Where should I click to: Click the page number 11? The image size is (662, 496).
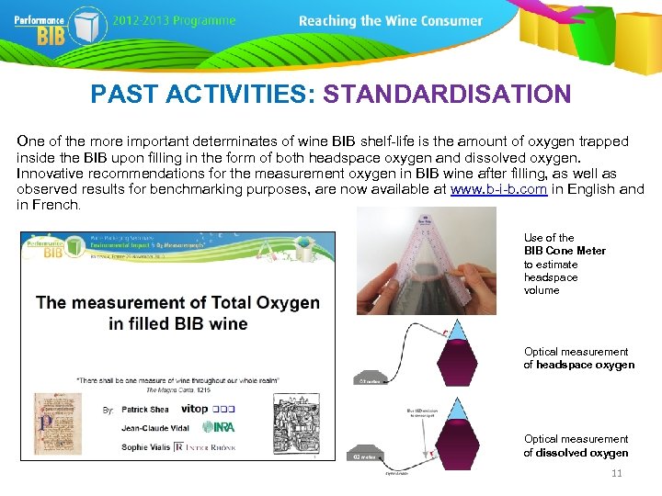[x=616, y=474]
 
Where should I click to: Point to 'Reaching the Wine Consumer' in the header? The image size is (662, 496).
[x=390, y=20]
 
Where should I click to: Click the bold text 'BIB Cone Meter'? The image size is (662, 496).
[x=565, y=251]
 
